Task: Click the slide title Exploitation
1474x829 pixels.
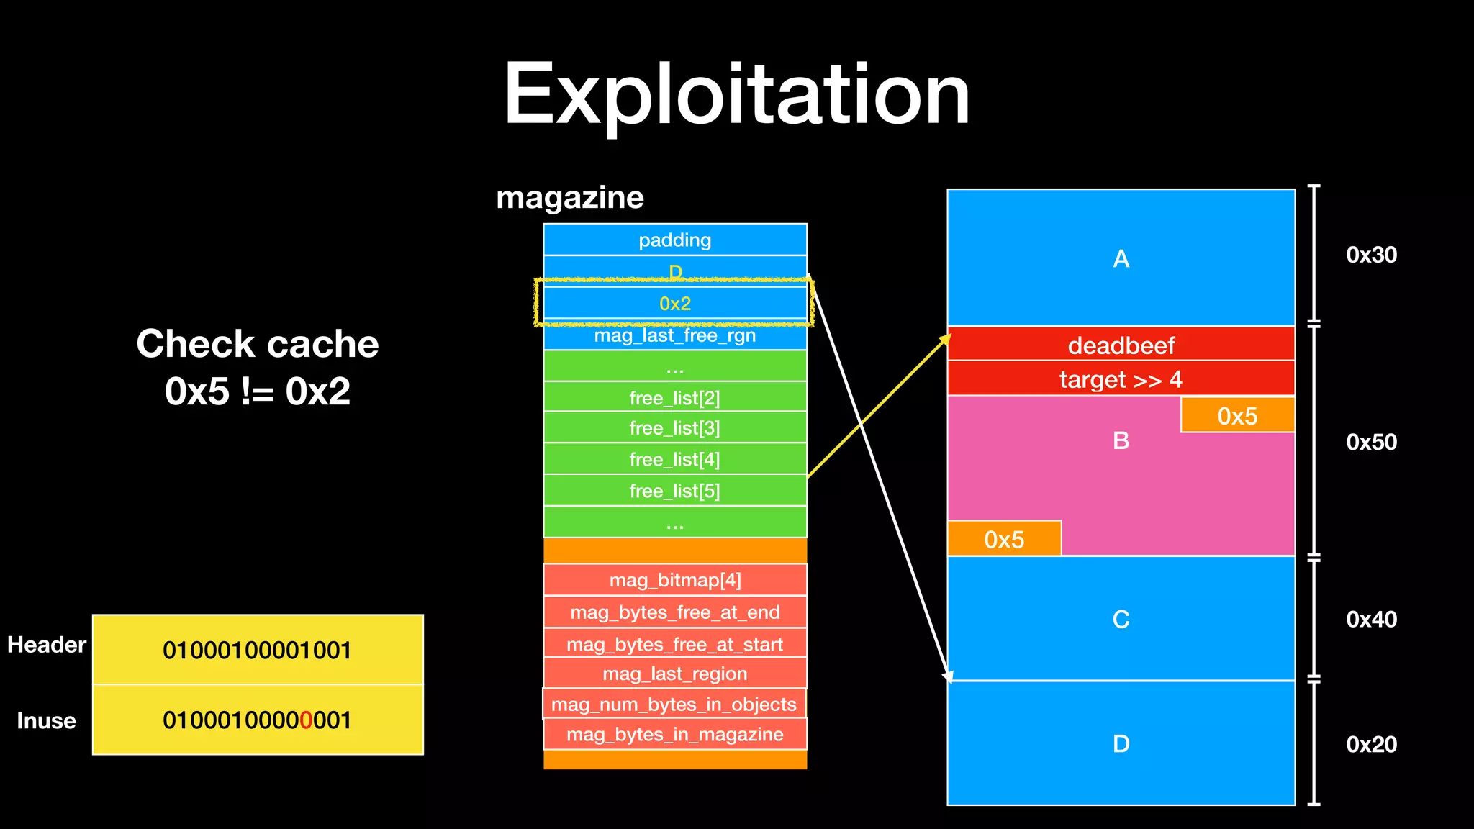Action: pyautogui.click(x=736, y=95)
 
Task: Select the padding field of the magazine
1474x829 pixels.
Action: pyautogui.click(x=674, y=240)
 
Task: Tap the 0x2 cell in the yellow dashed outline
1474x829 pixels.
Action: pyautogui.click(x=674, y=304)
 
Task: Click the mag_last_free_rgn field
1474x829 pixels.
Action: pyautogui.click(x=674, y=336)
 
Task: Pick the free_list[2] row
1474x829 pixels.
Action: pyautogui.click(x=674, y=397)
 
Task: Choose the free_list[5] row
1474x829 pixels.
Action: pyautogui.click(x=674, y=491)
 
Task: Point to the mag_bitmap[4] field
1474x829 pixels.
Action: pyautogui.click(x=674, y=580)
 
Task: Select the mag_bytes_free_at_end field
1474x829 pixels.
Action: pyautogui.click(x=674, y=612)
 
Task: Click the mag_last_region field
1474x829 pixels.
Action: pyautogui.click(x=674, y=674)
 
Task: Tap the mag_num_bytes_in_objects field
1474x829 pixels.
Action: pyautogui.click(x=674, y=705)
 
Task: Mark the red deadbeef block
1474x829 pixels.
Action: pyautogui.click(x=1121, y=345)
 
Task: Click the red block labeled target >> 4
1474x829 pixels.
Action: pyautogui.click(x=1121, y=379)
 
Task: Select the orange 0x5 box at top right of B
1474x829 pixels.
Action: pyautogui.click(x=1237, y=416)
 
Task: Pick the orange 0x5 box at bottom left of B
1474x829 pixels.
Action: pyautogui.click(x=1004, y=539)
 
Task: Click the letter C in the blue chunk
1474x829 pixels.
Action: pyautogui.click(x=1121, y=619)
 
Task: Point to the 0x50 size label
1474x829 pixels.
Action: pyautogui.click(x=1371, y=442)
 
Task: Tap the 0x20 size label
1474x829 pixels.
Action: pyautogui.click(x=1371, y=744)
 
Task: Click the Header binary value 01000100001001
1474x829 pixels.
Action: pyautogui.click(x=257, y=651)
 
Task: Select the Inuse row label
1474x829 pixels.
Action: pyautogui.click(x=47, y=720)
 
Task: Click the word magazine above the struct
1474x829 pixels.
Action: pyautogui.click(x=570, y=198)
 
